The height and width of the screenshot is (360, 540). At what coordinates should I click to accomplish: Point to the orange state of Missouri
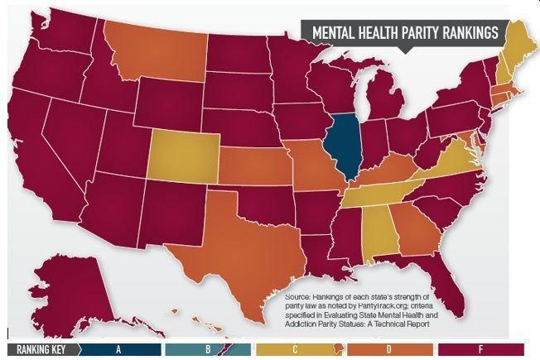click(x=311, y=170)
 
